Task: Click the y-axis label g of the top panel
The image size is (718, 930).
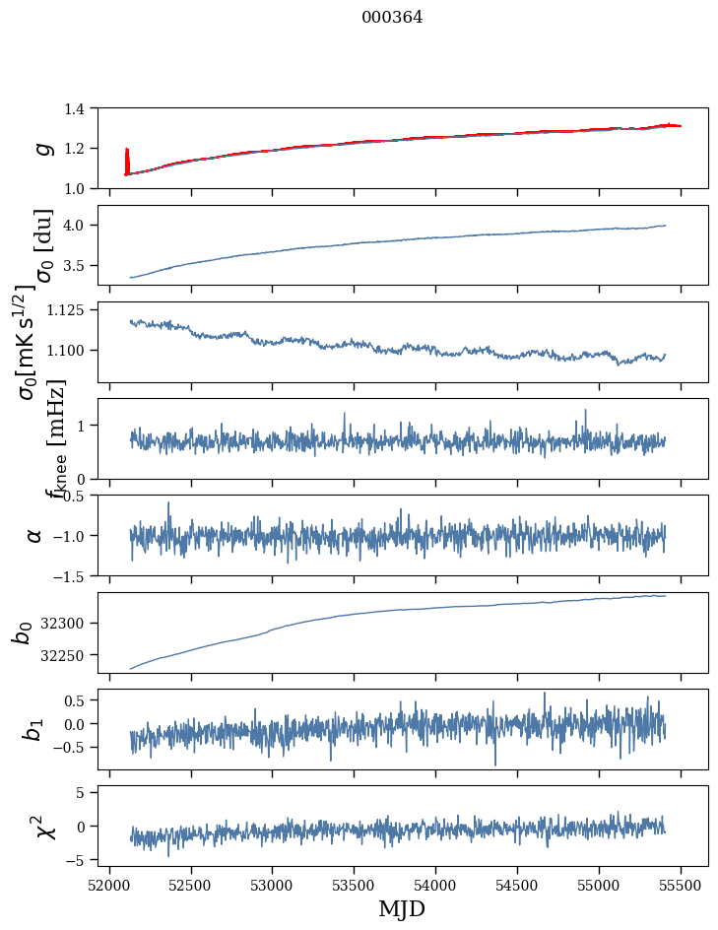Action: pos(41,148)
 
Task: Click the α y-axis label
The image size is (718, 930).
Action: pos(35,535)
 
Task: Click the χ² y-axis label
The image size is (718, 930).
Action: pos(44,826)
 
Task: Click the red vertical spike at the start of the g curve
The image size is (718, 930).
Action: pos(127,158)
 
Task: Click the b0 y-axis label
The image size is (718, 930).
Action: pos(22,632)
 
